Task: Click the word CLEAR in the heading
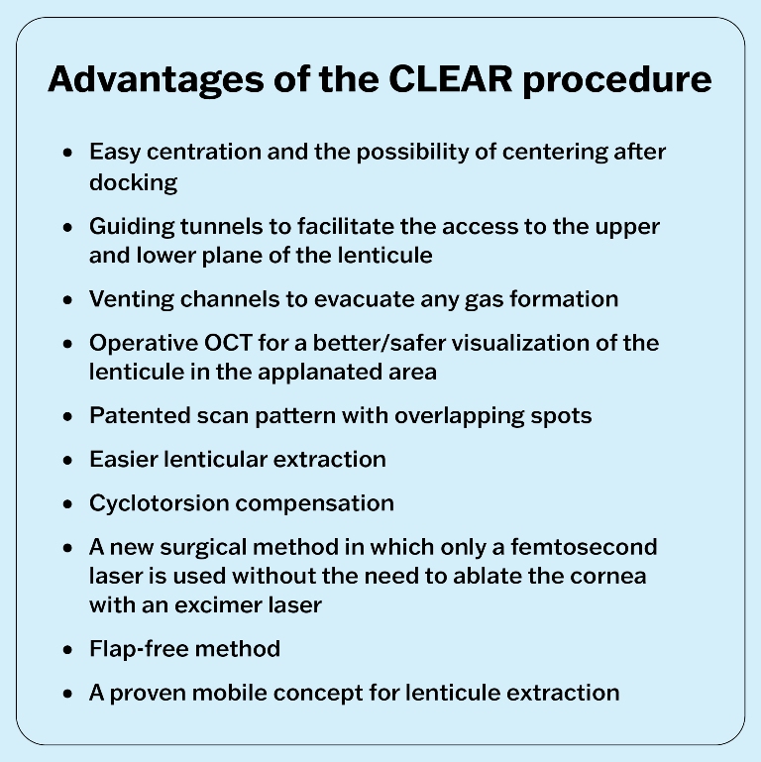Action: [451, 78]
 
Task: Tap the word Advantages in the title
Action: [156, 80]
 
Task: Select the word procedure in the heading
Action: [617, 80]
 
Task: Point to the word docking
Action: [133, 183]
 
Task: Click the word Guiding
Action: [132, 227]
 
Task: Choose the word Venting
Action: [131, 300]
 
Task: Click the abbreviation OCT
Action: [228, 343]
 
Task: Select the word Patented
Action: [140, 416]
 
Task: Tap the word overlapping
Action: [459, 416]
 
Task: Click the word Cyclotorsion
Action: [160, 504]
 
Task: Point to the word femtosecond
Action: [584, 547]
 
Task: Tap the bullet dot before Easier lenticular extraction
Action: [67, 460]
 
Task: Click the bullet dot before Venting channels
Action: [67, 300]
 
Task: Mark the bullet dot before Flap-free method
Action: [67, 650]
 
